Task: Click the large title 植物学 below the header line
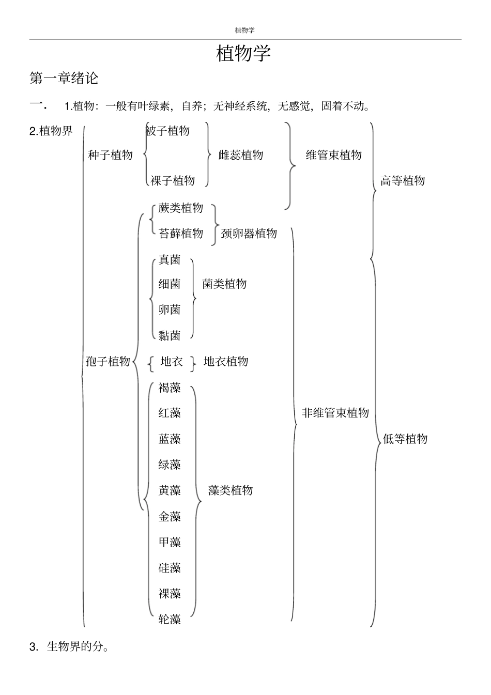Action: (243, 53)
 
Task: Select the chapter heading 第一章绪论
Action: (64, 79)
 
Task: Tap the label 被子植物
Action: (168, 131)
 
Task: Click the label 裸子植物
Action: (173, 180)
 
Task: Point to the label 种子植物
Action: (110, 155)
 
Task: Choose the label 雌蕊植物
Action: (241, 155)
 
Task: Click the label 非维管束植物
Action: (335, 413)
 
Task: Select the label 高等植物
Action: (403, 180)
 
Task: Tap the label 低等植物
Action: (405, 439)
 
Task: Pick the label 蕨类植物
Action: (181, 208)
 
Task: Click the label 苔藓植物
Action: (181, 234)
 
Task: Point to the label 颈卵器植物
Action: (249, 234)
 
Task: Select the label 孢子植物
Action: (108, 361)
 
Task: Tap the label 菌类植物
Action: (224, 284)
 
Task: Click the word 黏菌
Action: (170, 336)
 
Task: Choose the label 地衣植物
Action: (226, 361)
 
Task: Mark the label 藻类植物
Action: (231, 490)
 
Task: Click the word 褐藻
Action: (170, 388)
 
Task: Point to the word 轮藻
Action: (170, 619)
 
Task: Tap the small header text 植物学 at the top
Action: (244, 30)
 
